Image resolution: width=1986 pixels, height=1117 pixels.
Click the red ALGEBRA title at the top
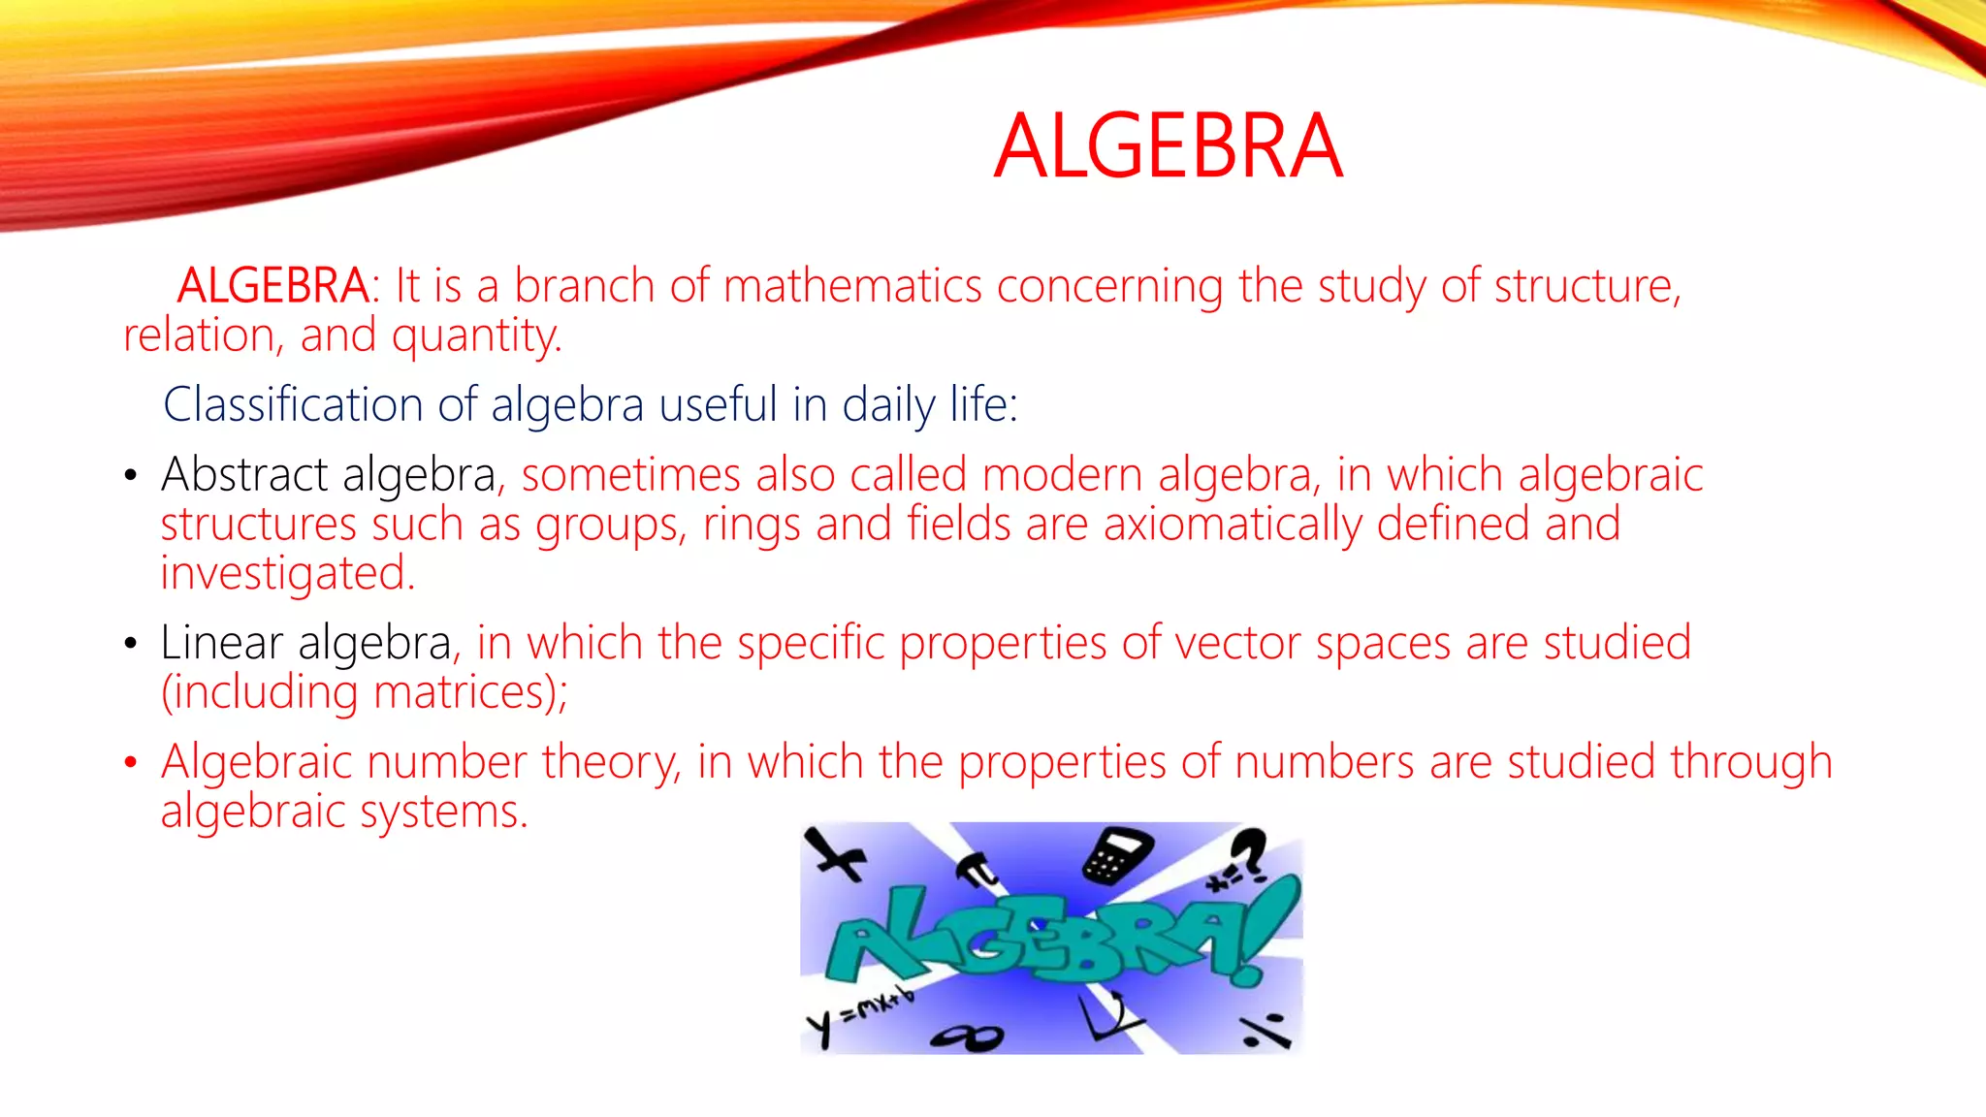1168,146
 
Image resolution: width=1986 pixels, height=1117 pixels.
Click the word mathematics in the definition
852,286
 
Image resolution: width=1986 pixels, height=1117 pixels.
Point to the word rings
752,525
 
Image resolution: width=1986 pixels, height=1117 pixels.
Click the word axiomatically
1232,525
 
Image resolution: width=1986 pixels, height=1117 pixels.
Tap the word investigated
287,573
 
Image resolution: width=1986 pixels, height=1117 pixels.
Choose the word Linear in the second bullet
222,643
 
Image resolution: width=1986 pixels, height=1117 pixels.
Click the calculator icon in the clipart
1116,856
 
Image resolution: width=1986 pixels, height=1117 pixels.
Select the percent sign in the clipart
1266,1031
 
